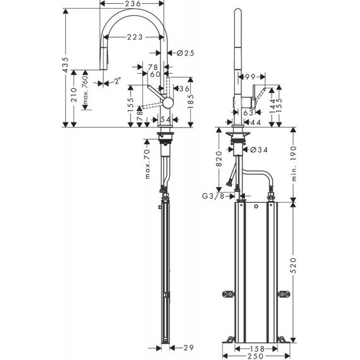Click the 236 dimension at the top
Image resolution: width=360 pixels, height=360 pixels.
tap(132, 4)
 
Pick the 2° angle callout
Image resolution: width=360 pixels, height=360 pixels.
tap(117, 81)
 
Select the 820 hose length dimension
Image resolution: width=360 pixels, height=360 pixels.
tap(219, 158)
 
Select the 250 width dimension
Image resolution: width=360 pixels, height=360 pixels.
tap(253, 356)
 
